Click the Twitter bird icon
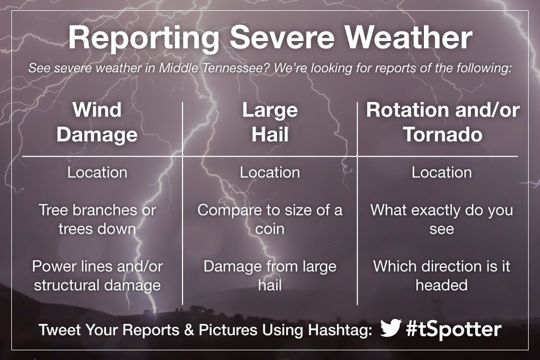391,328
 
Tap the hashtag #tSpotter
454,329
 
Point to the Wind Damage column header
97,122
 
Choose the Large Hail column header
270,122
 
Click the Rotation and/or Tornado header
443,122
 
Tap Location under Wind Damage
97,172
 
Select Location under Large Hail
270,172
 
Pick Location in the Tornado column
442,172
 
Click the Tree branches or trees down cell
97,219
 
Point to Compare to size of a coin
270,219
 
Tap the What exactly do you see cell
442,219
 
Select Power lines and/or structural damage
97,276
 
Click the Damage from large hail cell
270,276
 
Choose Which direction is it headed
442,276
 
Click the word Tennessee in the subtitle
235,68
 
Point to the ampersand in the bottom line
189,330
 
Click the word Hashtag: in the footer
340,330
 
